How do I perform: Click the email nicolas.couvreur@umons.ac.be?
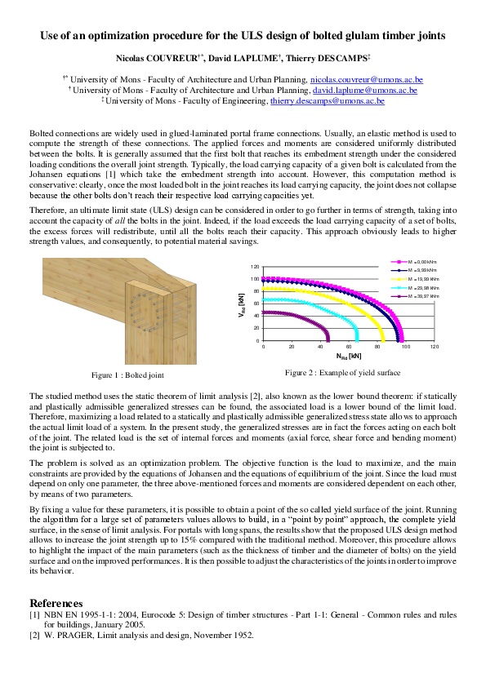[x=370, y=79]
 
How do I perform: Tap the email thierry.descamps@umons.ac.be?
[x=328, y=100]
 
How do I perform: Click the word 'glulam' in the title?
[x=316, y=36]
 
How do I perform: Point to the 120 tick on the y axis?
[x=254, y=267]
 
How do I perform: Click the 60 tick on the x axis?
[x=348, y=346]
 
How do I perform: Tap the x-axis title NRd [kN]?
[x=348, y=357]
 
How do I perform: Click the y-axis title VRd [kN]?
[x=242, y=304]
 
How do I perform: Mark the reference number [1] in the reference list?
[x=34, y=614]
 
